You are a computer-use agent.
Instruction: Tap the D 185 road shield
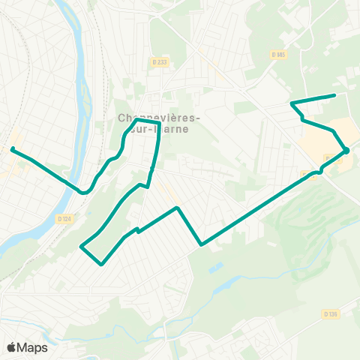click(280, 54)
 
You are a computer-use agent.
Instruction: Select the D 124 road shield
click(64, 218)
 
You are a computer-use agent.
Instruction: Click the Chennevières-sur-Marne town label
click(158, 123)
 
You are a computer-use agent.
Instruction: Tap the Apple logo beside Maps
click(12, 347)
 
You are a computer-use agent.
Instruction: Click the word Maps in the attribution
click(33, 347)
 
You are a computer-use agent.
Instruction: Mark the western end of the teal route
click(12, 148)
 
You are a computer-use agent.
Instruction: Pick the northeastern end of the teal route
click(334, 95)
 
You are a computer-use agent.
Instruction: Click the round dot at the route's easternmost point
click(346, 151)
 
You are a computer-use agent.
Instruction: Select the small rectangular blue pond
click(215, 266)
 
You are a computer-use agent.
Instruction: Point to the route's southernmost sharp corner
click(100, 264)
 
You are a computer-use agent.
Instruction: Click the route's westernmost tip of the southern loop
click(81, 245)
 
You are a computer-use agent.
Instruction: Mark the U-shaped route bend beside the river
click(84, 192)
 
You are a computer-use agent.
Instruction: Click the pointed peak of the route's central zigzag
click(176, 208)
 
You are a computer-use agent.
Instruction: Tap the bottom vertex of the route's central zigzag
click(201, 244)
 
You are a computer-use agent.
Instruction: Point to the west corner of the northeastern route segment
click(291, 102)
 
